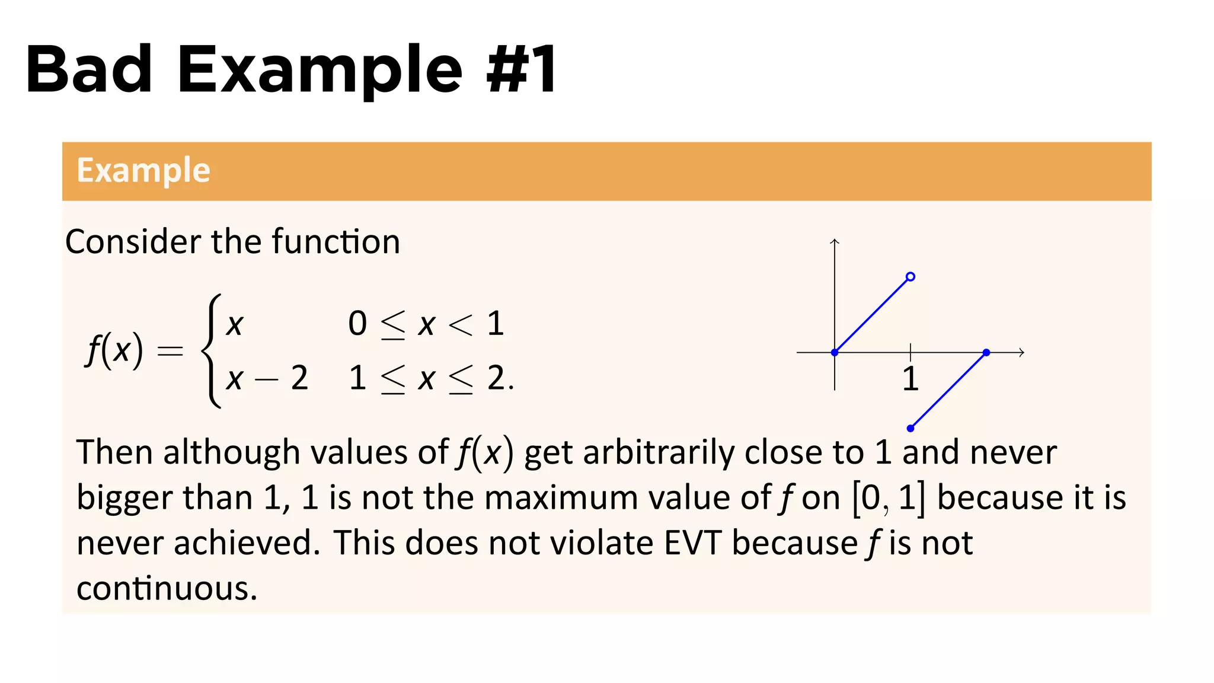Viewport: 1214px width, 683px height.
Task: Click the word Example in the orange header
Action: (143, 171)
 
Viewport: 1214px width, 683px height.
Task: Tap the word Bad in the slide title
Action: (89, 69)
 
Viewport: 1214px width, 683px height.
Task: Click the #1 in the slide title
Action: (521, 69)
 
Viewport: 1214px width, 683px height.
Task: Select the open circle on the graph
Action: (910, 276)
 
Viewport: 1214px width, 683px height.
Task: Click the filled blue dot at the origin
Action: (835, 353)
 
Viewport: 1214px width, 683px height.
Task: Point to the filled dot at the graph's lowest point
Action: (910, 428)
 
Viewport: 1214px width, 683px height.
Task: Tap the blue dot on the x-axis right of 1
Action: (986, 353)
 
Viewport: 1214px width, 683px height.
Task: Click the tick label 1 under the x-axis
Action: (910, 379)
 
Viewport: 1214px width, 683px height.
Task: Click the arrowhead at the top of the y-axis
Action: (835, 241)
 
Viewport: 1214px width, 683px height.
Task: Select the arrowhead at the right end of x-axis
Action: (1021, 353)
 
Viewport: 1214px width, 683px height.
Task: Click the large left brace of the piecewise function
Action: (212, 351)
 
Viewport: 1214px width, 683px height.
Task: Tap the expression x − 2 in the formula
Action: (267, 378)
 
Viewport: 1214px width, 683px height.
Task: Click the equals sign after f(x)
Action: (170, 351)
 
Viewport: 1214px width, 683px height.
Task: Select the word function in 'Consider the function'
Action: (336, 242)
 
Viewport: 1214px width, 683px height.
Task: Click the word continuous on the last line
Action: (167, 588)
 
